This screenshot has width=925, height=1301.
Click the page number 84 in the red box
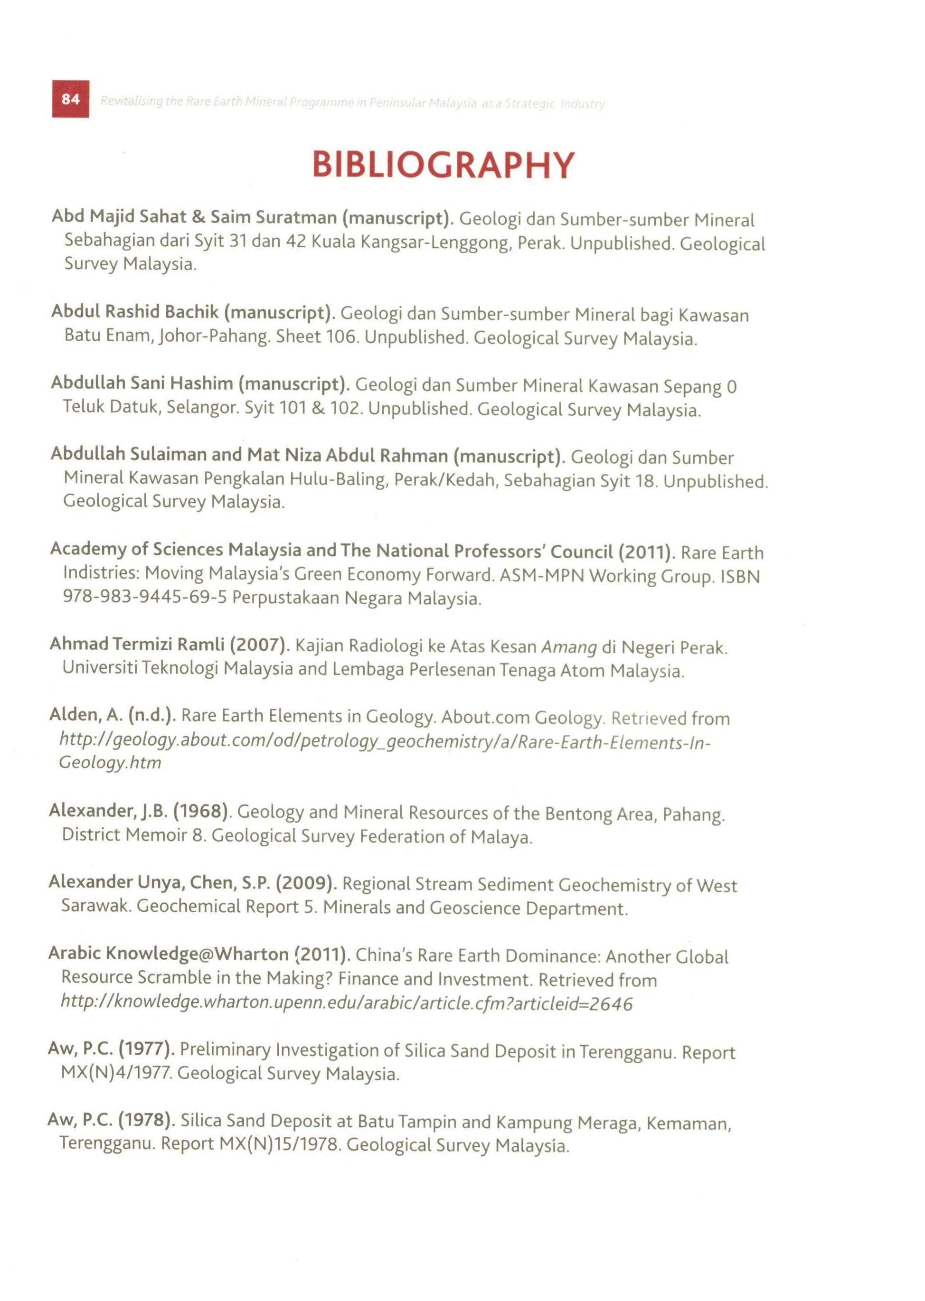point(71,99)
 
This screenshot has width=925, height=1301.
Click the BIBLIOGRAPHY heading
point(444,166)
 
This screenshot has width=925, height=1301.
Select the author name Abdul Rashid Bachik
point(135,312)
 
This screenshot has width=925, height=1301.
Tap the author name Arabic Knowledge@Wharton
point(169,954)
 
